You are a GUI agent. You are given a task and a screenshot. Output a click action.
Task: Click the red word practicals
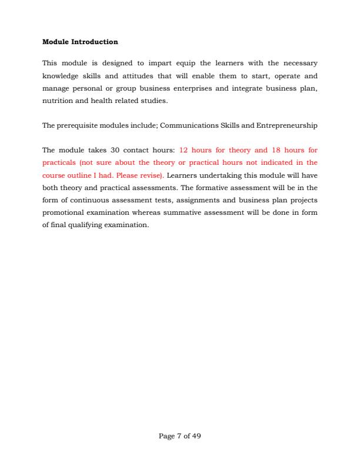tap(59, 163)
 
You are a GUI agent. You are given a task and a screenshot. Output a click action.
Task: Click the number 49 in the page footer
tap(197, 437)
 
